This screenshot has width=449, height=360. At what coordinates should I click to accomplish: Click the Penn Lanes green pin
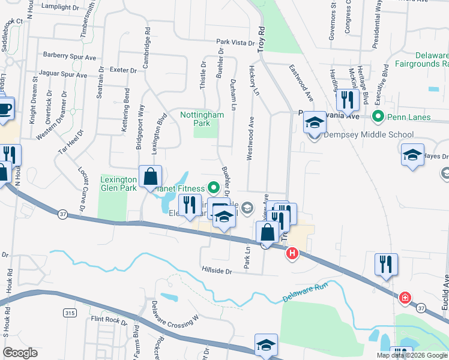tap(378, 117)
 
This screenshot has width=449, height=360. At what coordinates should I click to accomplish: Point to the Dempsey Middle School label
tap(368, 135)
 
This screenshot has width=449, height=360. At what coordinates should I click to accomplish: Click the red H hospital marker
tap(292, 254)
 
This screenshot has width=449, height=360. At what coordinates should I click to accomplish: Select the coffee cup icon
tap(5, 109)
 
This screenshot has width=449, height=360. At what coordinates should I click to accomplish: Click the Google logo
tap(20, 353)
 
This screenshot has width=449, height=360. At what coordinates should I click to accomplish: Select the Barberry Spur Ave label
tap(70, 56)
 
